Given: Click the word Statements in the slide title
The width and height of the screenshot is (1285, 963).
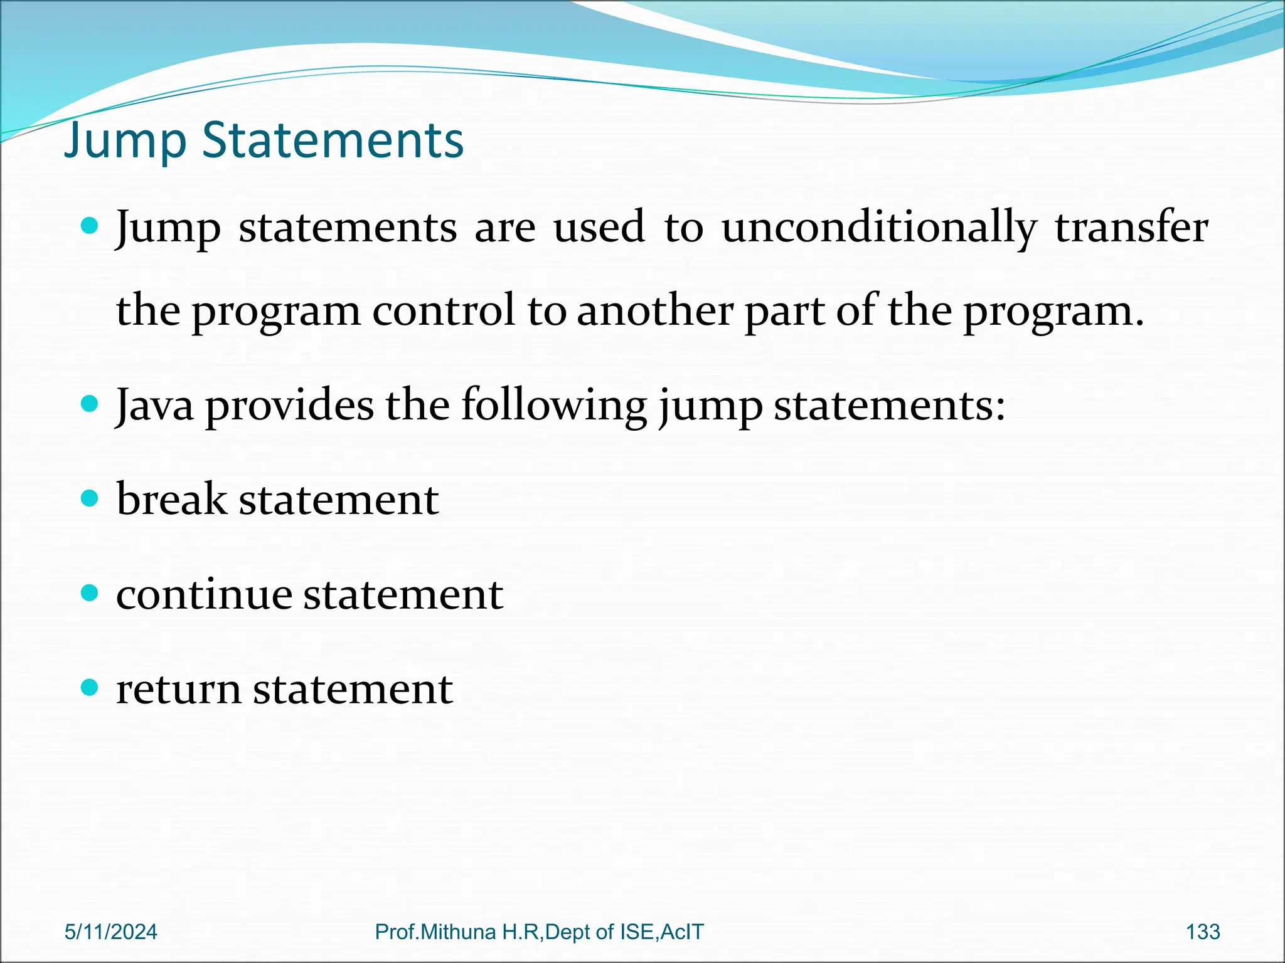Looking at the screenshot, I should (x=333, y=139).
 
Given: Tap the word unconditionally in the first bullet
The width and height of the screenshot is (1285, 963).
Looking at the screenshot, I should (x=878, y=228).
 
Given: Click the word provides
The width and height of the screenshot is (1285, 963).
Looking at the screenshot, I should (x=289, y=406).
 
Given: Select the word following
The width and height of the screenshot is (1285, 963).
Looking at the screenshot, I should (x=554, y=406).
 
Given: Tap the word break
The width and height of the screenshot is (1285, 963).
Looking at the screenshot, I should (x=171, y=500).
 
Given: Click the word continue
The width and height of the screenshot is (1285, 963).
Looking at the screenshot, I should (x=204, y=594).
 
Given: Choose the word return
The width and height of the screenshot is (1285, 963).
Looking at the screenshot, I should (x=178, y=689).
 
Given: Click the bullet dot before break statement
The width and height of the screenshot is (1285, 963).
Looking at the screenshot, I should (x=90, y=498).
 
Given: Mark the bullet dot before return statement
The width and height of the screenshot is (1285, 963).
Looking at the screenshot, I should (x=90, y=688).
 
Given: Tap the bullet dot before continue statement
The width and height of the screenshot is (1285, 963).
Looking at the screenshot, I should (x=90, y=593).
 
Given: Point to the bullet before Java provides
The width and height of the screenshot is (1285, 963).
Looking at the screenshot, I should (x=90, y=404).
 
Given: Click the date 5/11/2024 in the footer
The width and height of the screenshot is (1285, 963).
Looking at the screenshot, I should (x=111, y=932).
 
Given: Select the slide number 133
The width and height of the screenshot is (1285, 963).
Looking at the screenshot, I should (x=1203, y=932).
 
